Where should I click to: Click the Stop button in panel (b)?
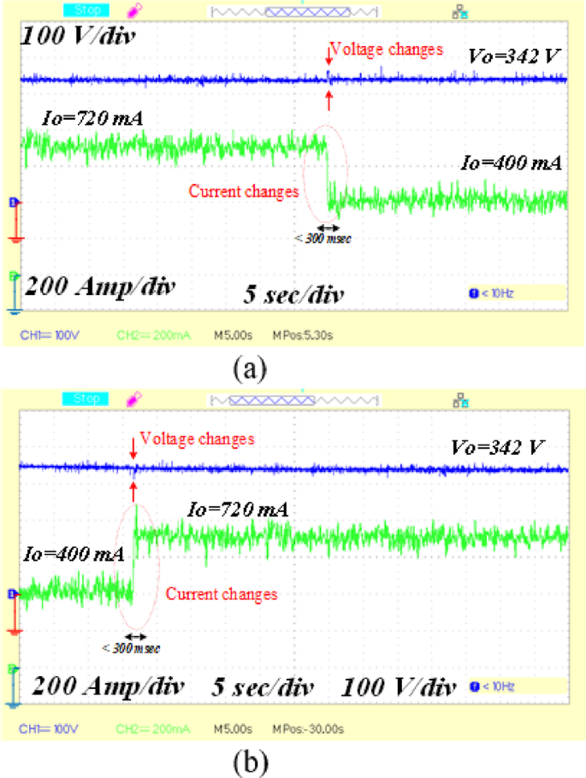86,398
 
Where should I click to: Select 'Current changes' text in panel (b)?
221,593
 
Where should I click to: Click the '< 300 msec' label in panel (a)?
323,239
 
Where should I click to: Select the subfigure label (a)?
249,368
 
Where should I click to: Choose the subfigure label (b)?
249,760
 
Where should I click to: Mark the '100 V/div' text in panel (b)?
397,687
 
